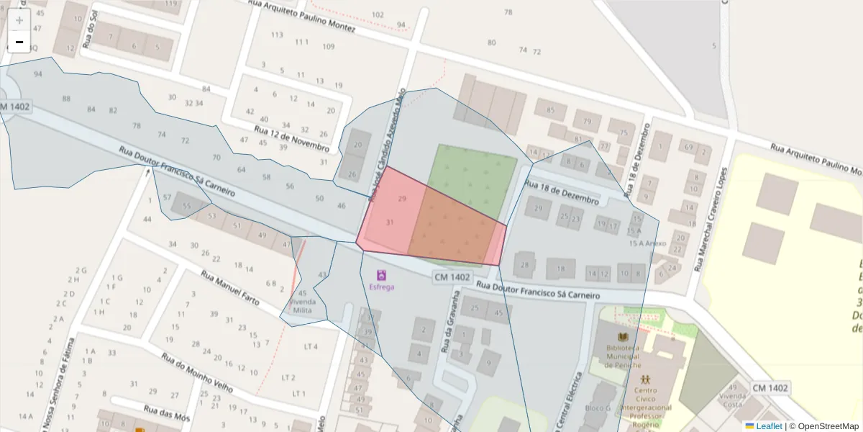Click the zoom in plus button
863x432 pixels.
coord(19,20)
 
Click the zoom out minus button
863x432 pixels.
coord(19,42)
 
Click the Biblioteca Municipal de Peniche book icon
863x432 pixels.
coord(623,336)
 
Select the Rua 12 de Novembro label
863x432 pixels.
coord(291,138)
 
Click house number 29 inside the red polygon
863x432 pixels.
coord(402,198)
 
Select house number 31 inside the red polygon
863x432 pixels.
coord(390,222)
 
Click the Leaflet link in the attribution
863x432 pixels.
coord(768,426)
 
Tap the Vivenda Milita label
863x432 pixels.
coord(302,305)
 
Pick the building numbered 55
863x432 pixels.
coord(187,206)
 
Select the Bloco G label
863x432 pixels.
coord(597,408)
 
